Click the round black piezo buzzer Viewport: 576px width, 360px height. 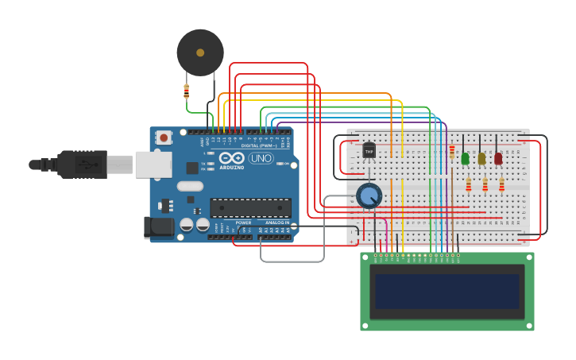199,52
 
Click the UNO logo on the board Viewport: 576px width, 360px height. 260,158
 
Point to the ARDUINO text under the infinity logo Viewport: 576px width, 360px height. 232,168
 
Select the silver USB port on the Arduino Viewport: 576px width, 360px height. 153,165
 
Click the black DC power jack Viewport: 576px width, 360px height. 158,227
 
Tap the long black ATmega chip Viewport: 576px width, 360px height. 250,208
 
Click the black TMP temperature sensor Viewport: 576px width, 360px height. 369,149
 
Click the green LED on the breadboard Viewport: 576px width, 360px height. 465,158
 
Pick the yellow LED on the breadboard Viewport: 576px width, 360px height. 481,158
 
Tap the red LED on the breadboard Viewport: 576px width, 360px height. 498,158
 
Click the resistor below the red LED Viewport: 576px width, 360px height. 501,185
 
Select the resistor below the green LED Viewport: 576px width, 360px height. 468,185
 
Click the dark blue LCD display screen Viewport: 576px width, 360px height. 447,292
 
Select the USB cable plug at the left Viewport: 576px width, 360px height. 79,165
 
